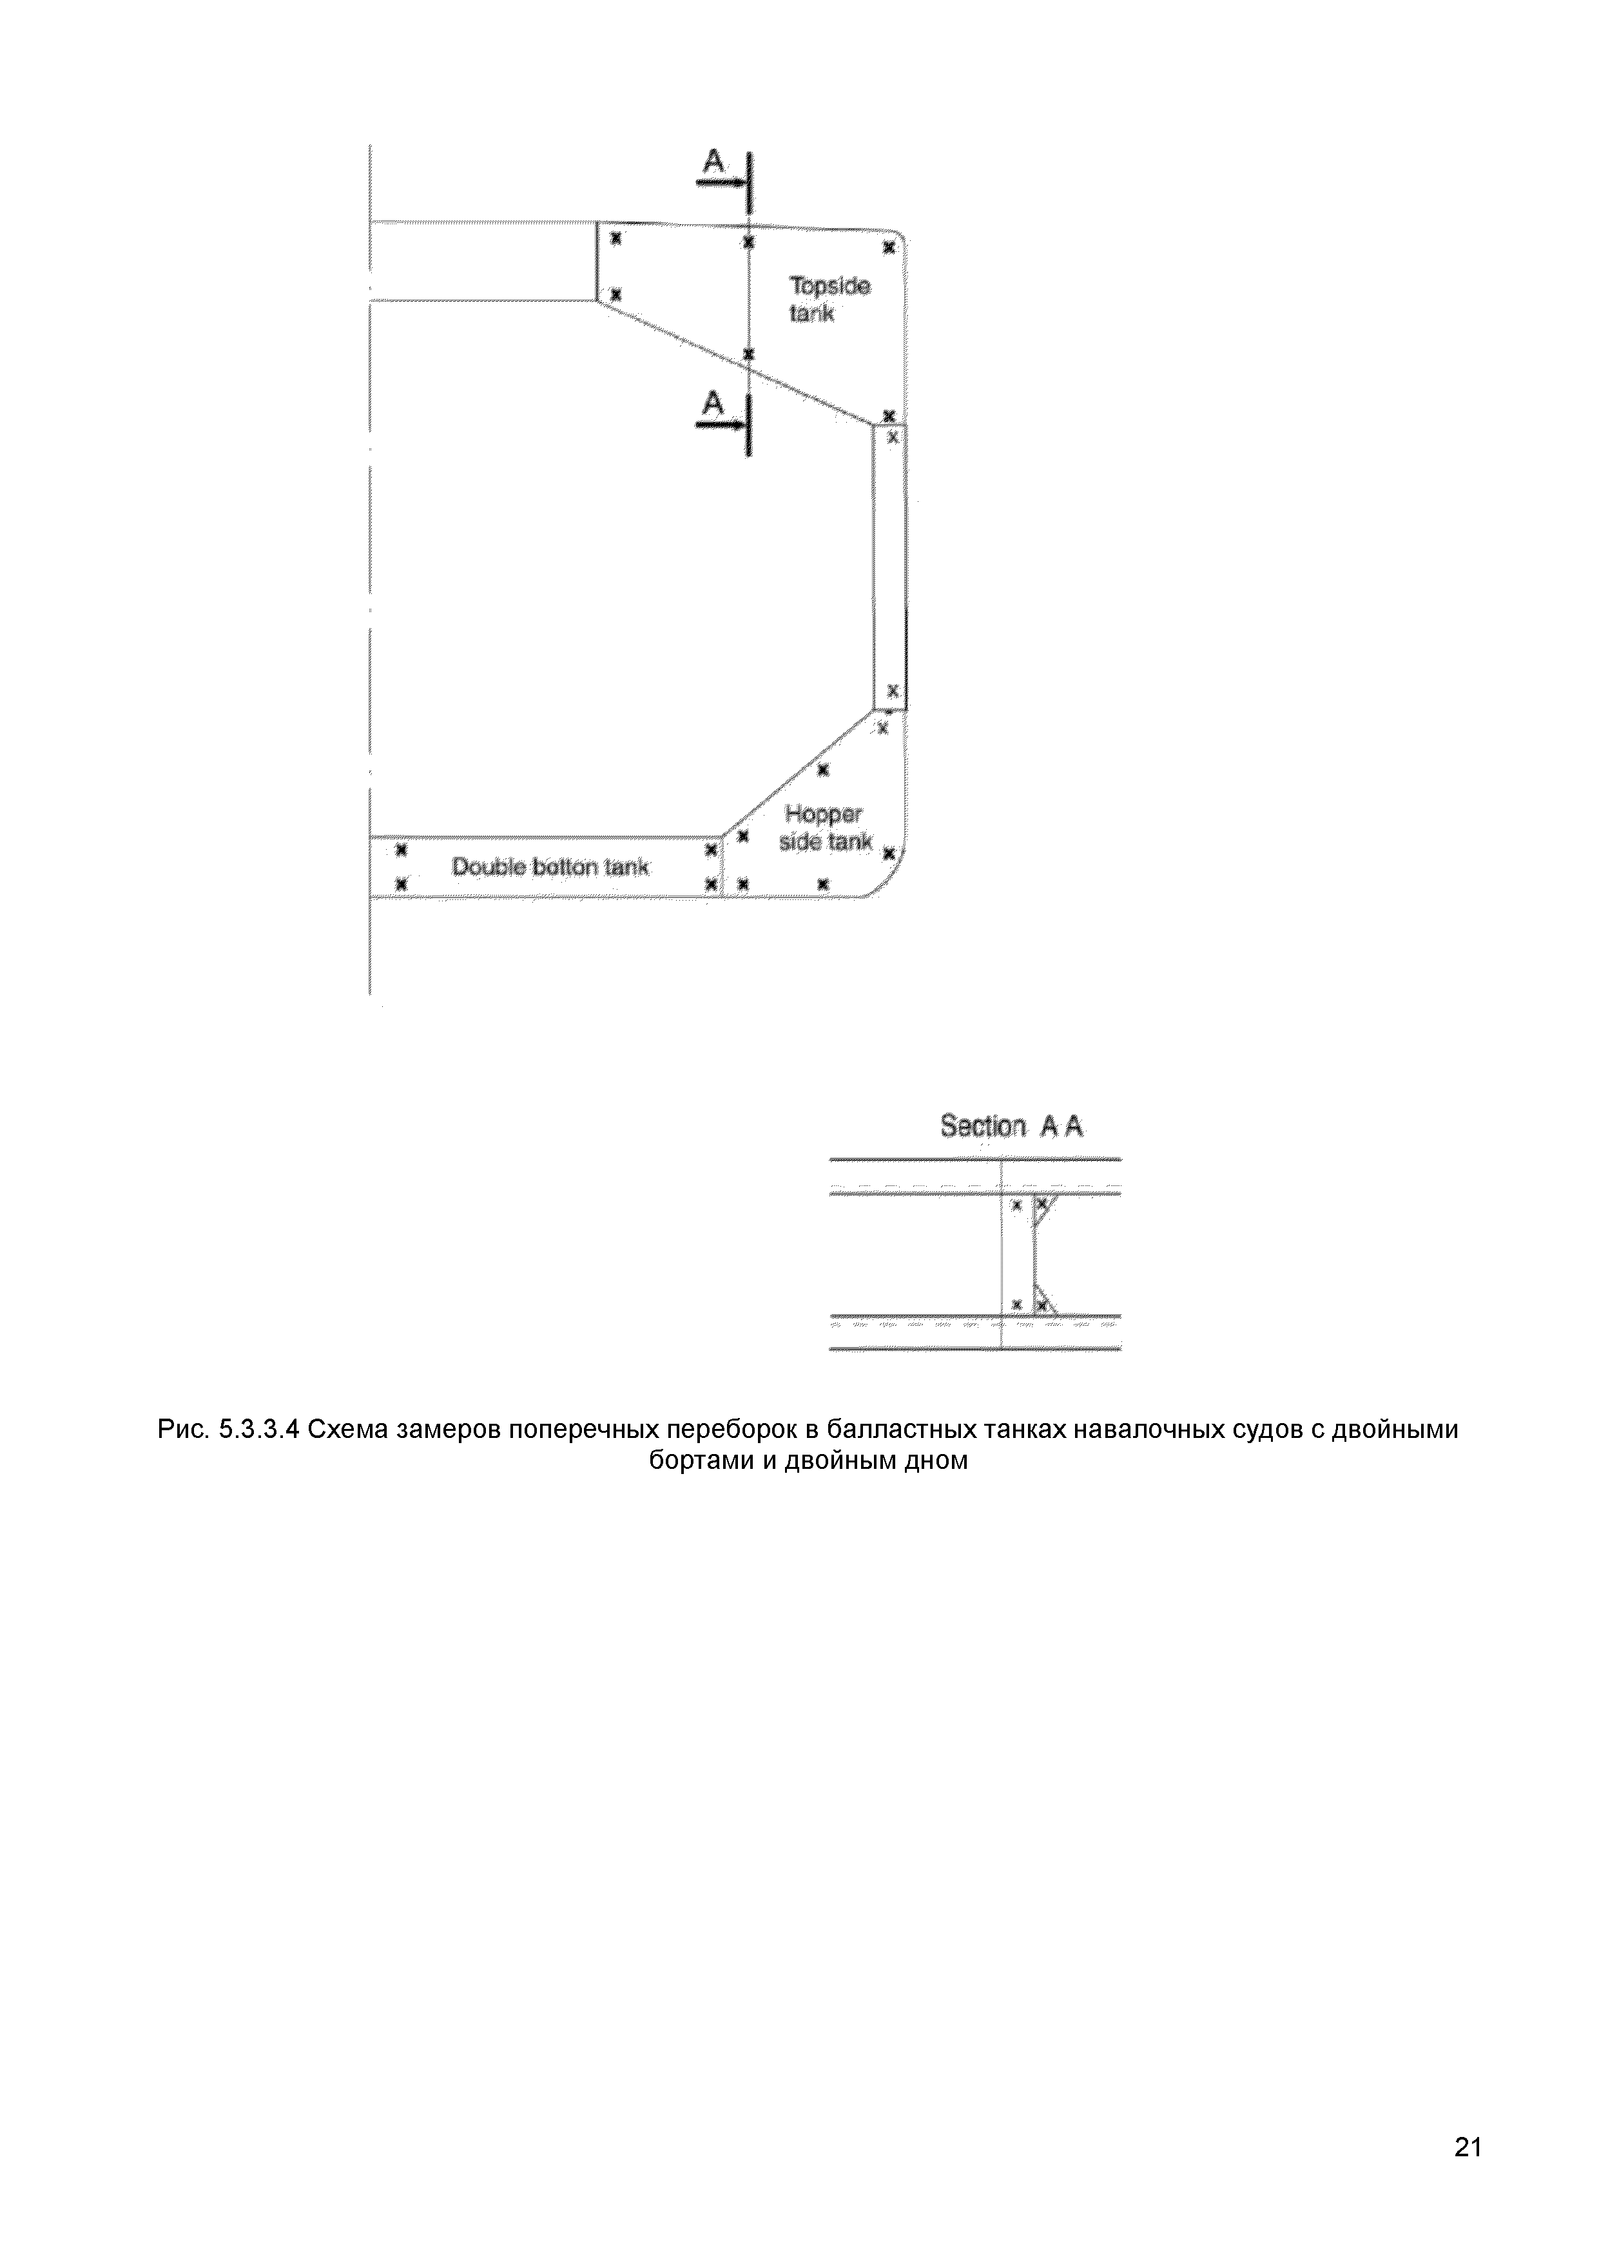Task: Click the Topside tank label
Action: click(x=828, y=299)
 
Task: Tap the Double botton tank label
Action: click(x=550, y=867)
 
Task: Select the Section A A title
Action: click(x=1011, y=1126)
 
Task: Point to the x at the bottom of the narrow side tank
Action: click(x=892, y=689)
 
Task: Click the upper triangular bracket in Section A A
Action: click(x=1043, y=1208)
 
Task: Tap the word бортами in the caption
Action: click(x=696, y=1460)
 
